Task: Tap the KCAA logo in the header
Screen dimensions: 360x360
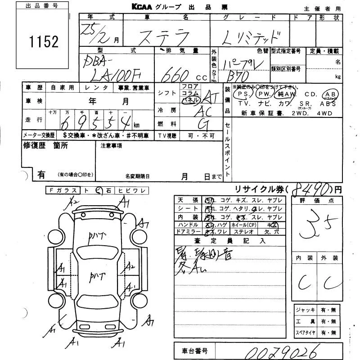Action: (x=144, y=7)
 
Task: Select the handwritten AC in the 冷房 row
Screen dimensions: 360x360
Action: (x=205, y=111)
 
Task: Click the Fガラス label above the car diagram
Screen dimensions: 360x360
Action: (x=63, y=190)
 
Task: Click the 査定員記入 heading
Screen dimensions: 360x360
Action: (x=230, y=241)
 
